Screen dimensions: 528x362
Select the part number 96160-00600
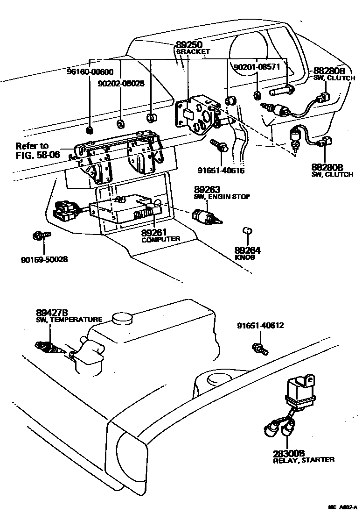click(x=90, y=72)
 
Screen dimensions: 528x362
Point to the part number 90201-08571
click(x=258, y=67)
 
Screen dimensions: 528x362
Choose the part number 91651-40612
click(x=260, y=326)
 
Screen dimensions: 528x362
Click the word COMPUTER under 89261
click(x=161, y=239)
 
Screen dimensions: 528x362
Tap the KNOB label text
click(x=245, y=257)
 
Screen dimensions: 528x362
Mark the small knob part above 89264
click(x=248, y=230)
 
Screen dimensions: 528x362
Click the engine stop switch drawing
click(x=206, y=215)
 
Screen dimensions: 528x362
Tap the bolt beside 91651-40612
click(x=258, y=347)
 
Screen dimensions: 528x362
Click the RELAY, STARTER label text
click(x=303, y=460)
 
